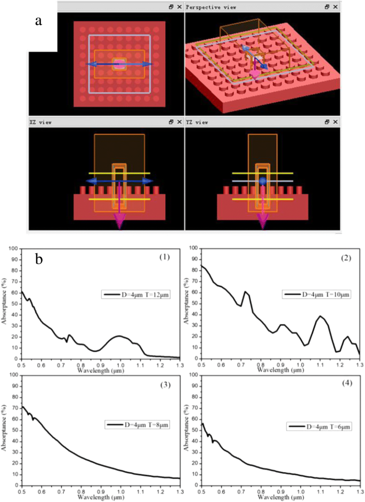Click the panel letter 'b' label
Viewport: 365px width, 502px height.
(x=39, y=259)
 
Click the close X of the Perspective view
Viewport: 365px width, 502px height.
(x=335, y=7)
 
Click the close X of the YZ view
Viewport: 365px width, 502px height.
(x=335, y=122)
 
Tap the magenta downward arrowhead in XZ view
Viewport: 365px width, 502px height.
(x=119, y=222)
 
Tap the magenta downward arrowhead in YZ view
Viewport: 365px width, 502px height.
(x=263, y=222)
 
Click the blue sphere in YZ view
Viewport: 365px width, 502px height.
(x=263, y=182)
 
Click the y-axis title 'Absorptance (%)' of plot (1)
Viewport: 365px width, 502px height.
(x=5, y=305)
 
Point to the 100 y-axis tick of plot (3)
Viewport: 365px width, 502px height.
(x=12, y=375)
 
